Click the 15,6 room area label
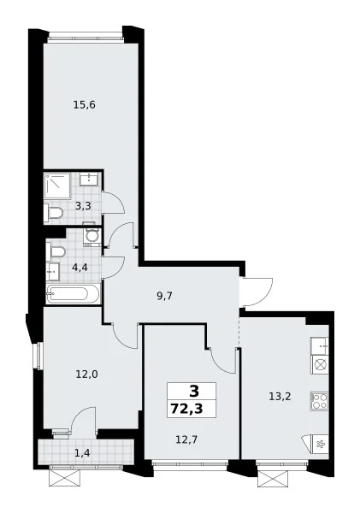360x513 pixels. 84,105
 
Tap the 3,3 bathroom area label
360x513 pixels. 83,206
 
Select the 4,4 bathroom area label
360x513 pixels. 80,268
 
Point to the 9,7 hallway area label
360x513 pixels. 164,297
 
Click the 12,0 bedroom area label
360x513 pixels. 86,374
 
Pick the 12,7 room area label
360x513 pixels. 186,439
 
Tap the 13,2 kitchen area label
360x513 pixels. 280,397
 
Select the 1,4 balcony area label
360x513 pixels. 81,453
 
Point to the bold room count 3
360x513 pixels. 194,391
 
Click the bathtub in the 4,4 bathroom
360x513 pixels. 73,294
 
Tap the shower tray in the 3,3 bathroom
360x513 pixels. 57,186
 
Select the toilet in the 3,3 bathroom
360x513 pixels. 53,213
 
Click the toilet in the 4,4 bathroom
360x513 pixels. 56,252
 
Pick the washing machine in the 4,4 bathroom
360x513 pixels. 92,237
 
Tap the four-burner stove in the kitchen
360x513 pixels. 320,401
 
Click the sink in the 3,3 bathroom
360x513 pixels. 89,180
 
